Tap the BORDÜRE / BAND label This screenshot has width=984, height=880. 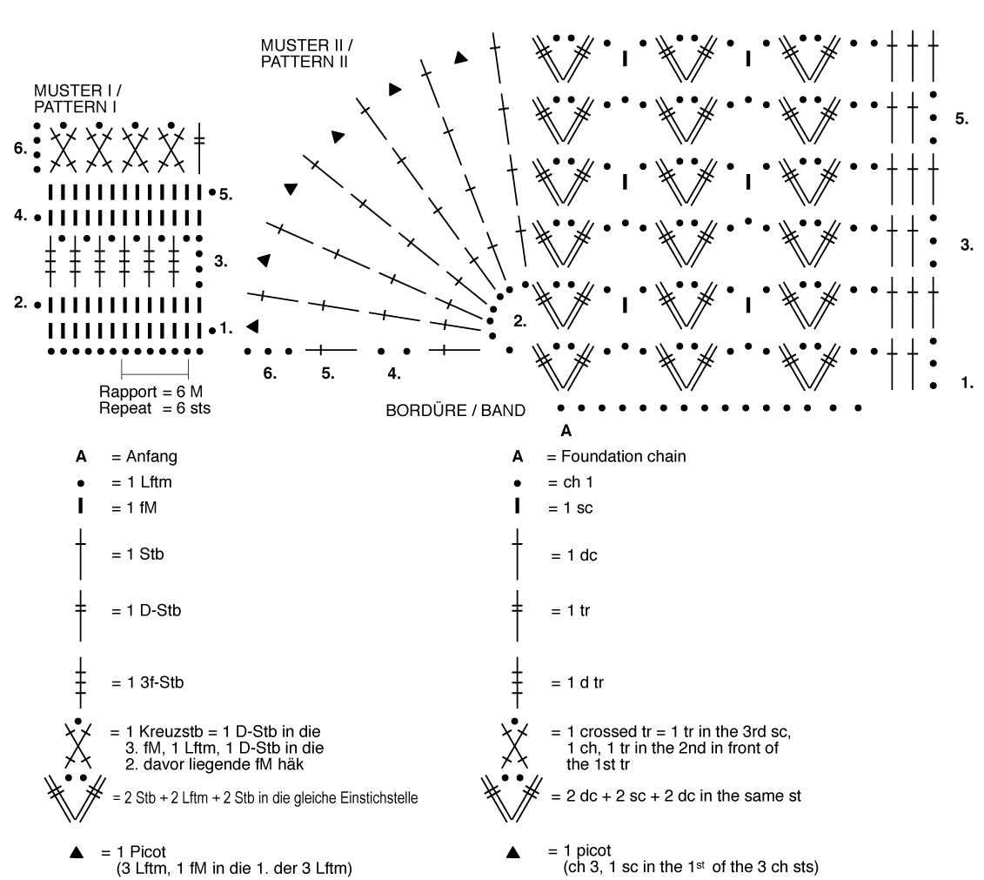(x=455, y=411)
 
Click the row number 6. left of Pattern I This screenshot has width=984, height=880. (x=20, y=149)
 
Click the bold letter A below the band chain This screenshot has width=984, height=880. (x=566, y=430)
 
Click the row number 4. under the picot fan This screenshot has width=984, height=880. (x=394, y=374)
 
